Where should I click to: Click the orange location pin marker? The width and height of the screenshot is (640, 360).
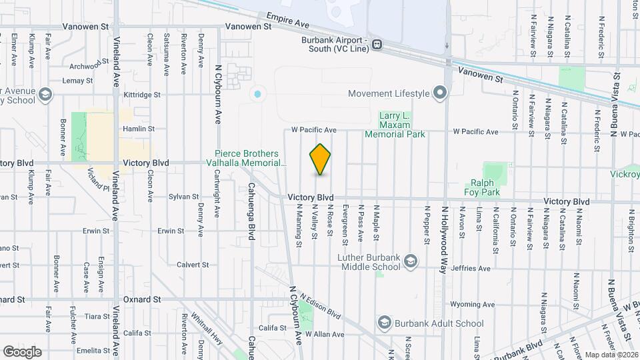click(x=321, y=159)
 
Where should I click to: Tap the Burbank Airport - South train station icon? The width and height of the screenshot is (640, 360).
click(x=377, y=45)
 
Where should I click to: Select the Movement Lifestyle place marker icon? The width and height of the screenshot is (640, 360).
click(x=439, y=93)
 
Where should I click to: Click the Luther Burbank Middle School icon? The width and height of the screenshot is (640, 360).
click(x=411, y=260)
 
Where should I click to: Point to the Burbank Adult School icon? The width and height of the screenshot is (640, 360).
click(x=384, y=323)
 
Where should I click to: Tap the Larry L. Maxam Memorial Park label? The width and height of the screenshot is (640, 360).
click(x=402, y=125)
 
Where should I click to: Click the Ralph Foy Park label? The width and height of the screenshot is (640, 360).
click(x=482, y=187)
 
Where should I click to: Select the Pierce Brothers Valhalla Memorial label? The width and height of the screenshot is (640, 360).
click(x=250, y=157)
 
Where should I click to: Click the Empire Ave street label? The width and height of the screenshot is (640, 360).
click(x=288, y=20)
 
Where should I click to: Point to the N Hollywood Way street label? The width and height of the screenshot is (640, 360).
click(x=442, y=239)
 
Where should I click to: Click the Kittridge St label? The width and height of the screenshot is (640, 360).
click(x=142, y=95)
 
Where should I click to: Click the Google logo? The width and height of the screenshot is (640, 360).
click(x=22, y=352)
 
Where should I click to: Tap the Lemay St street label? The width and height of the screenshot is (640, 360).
click(x=77, y=81)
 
